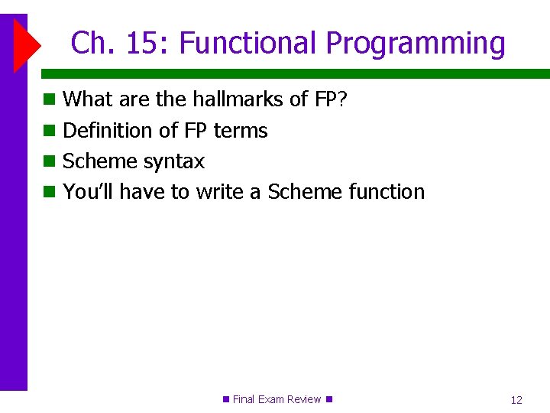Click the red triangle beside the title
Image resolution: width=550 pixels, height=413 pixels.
25,45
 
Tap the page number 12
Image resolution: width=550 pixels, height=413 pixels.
516,400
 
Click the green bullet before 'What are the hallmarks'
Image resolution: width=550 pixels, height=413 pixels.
50,99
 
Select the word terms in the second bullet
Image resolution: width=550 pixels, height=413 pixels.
241,131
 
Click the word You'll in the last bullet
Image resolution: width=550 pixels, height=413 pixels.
88,192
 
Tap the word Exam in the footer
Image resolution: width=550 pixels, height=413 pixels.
271,399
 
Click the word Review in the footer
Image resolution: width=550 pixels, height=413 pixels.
304,399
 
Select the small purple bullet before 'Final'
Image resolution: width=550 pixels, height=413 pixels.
225,399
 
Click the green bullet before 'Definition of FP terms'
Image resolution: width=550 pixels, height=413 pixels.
50,131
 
